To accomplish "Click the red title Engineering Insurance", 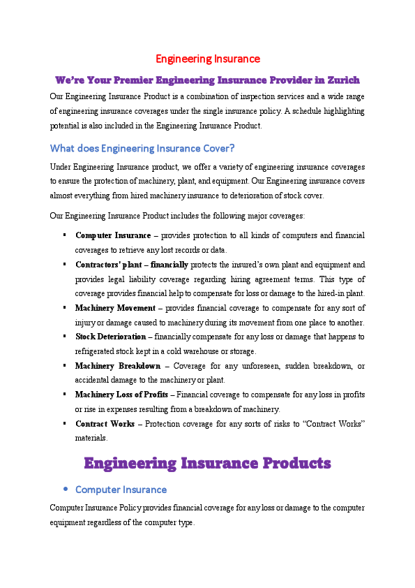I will tap(207, 59).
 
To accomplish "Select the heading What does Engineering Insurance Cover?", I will tap(142, 148).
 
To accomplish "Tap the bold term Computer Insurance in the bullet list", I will tap(113, 236).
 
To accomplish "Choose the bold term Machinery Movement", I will tap(115, 308).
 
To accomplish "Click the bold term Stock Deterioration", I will tap(110, 337).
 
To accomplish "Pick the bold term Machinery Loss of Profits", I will tap(121, 395).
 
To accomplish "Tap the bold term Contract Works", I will tap(105, 424).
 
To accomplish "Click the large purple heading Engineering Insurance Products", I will tap(207, 463).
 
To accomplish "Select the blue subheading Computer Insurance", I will tap(121, 490).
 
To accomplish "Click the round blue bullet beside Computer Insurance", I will tap(65, 490).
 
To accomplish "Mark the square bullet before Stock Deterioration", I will tap(64, 337).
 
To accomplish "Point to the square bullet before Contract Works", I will tap(64, 424).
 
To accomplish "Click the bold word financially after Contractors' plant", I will tap(169, 265).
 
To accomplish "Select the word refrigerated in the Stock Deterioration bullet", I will tap(96, 351).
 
